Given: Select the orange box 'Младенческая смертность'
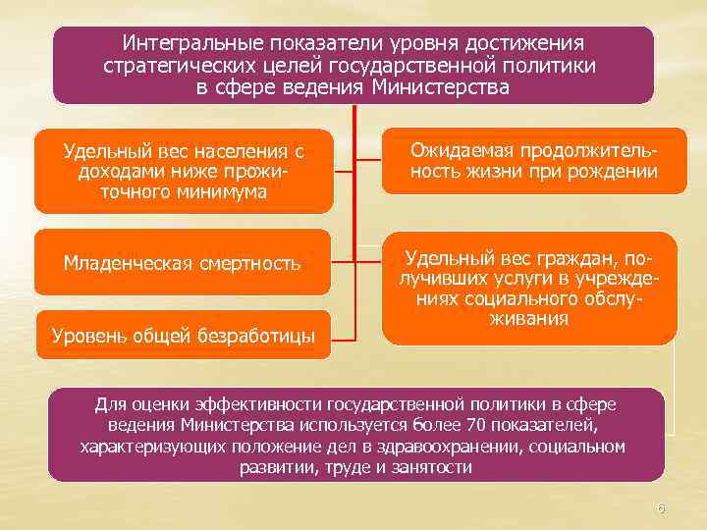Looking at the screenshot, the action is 183,262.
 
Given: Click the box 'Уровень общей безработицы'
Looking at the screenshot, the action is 183,336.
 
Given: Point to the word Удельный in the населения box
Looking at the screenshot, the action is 102,151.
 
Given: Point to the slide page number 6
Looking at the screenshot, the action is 661,508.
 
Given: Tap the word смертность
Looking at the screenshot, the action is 253,263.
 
